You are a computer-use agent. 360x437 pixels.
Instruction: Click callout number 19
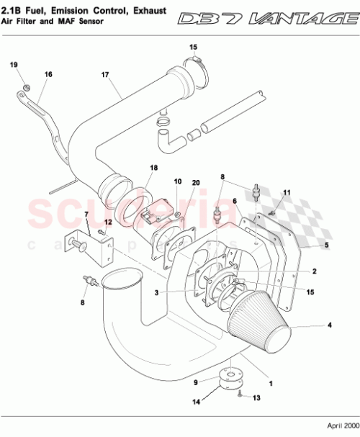[14, 66]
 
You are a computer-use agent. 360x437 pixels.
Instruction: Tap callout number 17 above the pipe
[104, 74]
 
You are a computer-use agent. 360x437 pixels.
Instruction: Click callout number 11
[287, 193]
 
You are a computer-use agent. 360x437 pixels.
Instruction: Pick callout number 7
[86, 215]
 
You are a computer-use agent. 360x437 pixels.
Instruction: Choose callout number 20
[195, 183]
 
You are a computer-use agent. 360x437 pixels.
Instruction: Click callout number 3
[156, 292]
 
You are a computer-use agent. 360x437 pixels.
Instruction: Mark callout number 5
[325, 245]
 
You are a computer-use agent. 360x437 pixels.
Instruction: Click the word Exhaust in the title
[145, 10]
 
